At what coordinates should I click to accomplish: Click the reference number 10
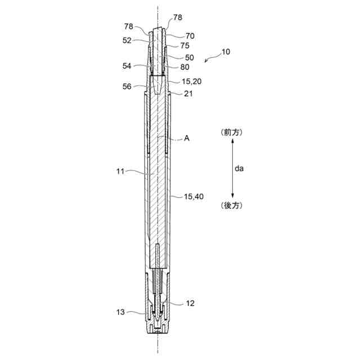coord(226,52)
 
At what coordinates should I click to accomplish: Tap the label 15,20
coord(192,81)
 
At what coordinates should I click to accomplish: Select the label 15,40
coord(193,196)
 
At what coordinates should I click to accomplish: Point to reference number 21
coord(188,94)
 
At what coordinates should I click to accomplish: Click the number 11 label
coord(120,172)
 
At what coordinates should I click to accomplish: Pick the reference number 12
coord(190,303)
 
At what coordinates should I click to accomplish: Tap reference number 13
coord(120,312)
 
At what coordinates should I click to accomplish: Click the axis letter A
coord(187,138)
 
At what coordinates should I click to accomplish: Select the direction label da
coord(239,169)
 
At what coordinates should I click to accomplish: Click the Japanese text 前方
coord(232,133)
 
